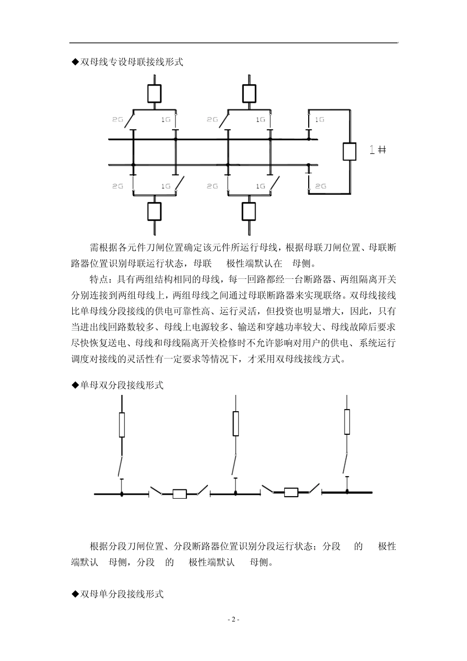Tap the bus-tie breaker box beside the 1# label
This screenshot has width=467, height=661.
click(x=349, y=151)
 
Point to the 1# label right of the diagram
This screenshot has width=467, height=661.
click(x=378, y=150)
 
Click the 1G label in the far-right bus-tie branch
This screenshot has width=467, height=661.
click(x=320, y=120)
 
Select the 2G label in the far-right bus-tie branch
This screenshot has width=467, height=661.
click(x=320, y=186)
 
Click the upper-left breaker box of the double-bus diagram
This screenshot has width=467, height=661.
click(x=155, y=92)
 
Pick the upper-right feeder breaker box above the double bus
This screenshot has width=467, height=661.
click(x=249, y=92)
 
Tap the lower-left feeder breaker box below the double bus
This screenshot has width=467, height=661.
click(x=155, y=211)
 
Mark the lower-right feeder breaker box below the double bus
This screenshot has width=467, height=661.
click(x=249, y=211)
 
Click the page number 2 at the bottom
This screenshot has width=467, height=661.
click(x=234, y=619)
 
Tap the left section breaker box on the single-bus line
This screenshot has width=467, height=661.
click(x=179, y=494)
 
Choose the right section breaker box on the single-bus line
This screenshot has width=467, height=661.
click(x=291, y=492)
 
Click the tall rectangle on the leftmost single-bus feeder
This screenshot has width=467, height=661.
click(x=122, y=425)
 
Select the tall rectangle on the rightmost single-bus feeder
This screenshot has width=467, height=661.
click(x=347, y=421)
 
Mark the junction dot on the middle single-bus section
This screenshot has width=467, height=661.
click(x=235, y=492)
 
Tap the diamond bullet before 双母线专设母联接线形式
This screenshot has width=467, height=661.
click(x=75, y=62)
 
